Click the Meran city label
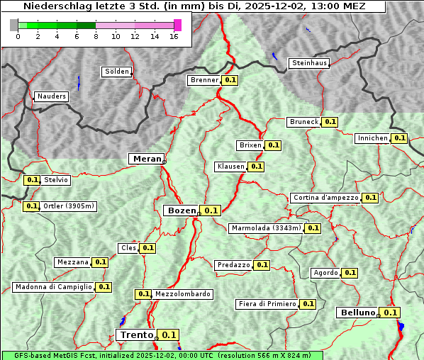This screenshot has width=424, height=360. [147, 159]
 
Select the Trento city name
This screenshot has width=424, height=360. [137, 335]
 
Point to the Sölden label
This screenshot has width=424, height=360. [117, 72]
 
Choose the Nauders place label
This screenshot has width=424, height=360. [51, 96]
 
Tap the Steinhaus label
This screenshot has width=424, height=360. [310, 63]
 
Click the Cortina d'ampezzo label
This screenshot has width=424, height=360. [325, 198]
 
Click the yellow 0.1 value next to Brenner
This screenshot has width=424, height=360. [230, 80]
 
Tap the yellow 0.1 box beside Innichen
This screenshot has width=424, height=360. [400, 138]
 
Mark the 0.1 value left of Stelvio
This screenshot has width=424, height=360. [32, 180]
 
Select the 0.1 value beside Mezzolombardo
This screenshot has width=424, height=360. [143, 293]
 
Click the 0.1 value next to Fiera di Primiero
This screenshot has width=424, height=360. [308, 304]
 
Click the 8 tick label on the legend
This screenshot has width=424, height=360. [96, 37]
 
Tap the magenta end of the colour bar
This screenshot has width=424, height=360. [177, 25]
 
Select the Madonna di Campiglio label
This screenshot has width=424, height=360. [53, 287]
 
